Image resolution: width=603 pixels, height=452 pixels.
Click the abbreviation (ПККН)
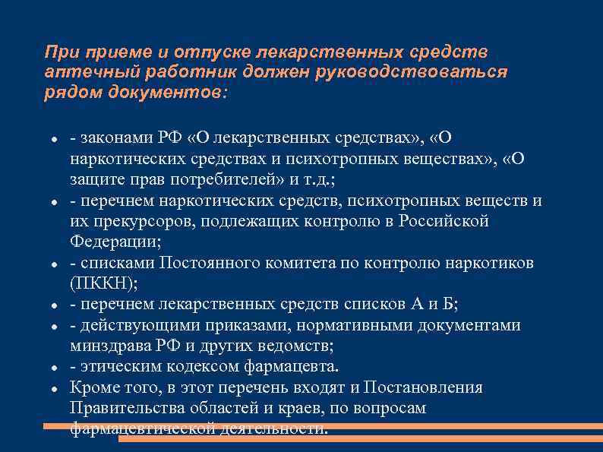click(99, 283)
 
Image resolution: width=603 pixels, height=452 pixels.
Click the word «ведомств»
click(296, 346)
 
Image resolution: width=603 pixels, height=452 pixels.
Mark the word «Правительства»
click(122, 409)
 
